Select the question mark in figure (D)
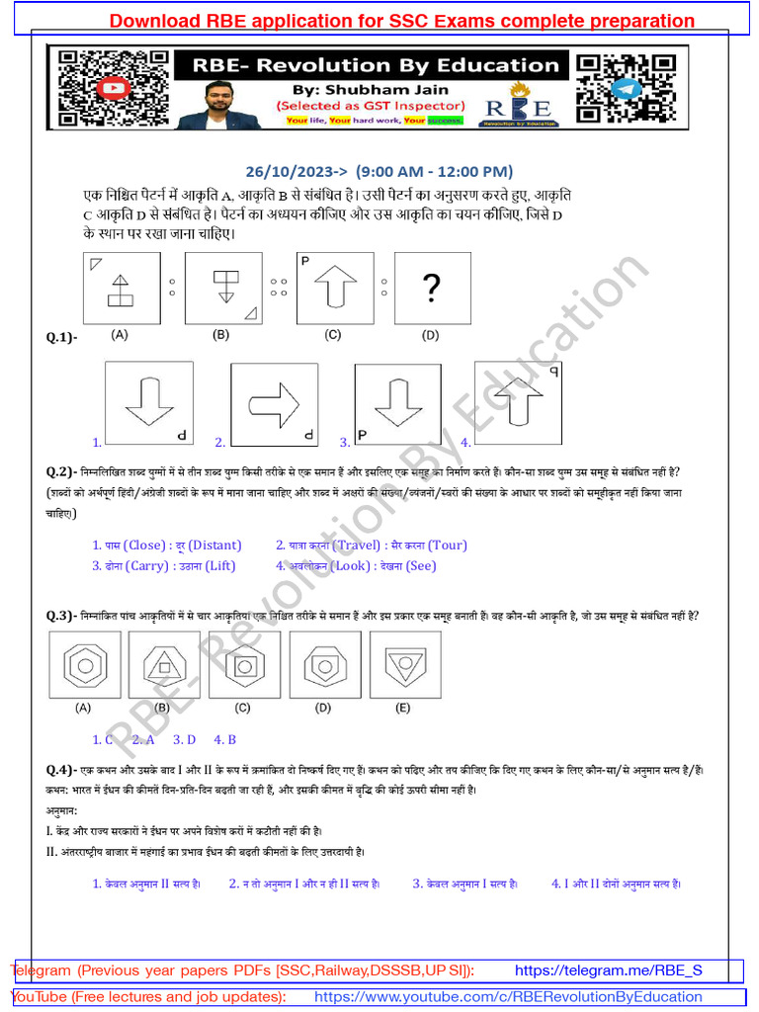point(431,289)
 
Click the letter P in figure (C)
point(305,261)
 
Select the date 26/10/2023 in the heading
point(296,170)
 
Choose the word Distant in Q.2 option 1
point(214,546)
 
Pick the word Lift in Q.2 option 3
point(220,566)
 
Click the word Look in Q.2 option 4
point(352,566)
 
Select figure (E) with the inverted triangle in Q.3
point(404,665)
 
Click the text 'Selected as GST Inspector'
point(370,105)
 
